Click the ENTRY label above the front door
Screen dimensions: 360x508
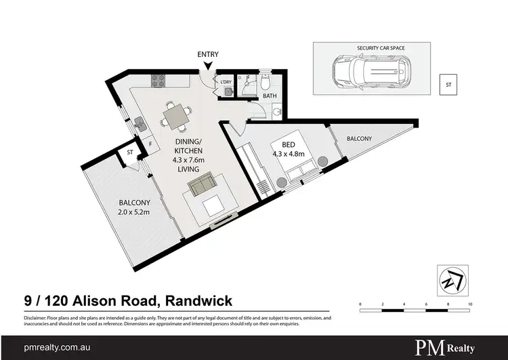[x=207, y=54]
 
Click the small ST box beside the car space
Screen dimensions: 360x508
[x=447, y=85]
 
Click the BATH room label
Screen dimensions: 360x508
[x=269, y=96]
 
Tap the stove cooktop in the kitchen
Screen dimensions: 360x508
[x=158, y=80]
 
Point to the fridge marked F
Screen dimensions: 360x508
[x=150, y=143]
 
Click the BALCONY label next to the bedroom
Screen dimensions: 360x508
[x=359, y=139]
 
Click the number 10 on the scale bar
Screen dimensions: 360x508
[x=469, y=304]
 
